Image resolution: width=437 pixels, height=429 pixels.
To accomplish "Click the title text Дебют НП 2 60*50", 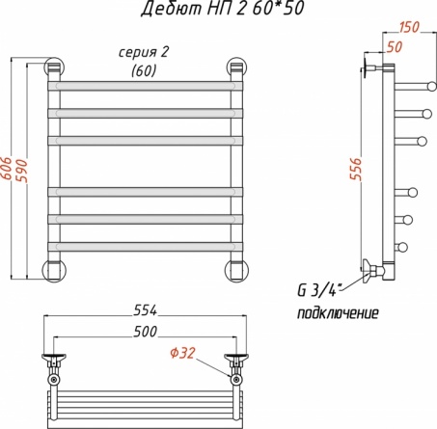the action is click(x=223, y=9).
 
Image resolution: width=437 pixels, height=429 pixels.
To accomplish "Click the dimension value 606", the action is click(x=7, y=169).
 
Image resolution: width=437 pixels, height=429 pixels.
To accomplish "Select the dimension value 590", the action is click(x=22, y=171).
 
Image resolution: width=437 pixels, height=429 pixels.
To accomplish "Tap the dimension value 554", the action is click(x=146, y=310).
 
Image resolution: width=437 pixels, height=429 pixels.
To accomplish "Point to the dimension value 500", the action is click(x=146, y=332).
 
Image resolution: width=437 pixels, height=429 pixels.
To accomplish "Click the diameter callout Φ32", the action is click(x=182, y=353).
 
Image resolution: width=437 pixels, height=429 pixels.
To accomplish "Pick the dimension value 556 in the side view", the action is click(x=356, y=169).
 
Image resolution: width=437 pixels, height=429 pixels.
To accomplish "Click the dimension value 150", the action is click(x=409, y=27).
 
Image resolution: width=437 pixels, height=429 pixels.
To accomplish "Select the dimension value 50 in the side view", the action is click(x=395, y=47).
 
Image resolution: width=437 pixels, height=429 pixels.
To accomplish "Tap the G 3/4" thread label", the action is click(x=319, y=291).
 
